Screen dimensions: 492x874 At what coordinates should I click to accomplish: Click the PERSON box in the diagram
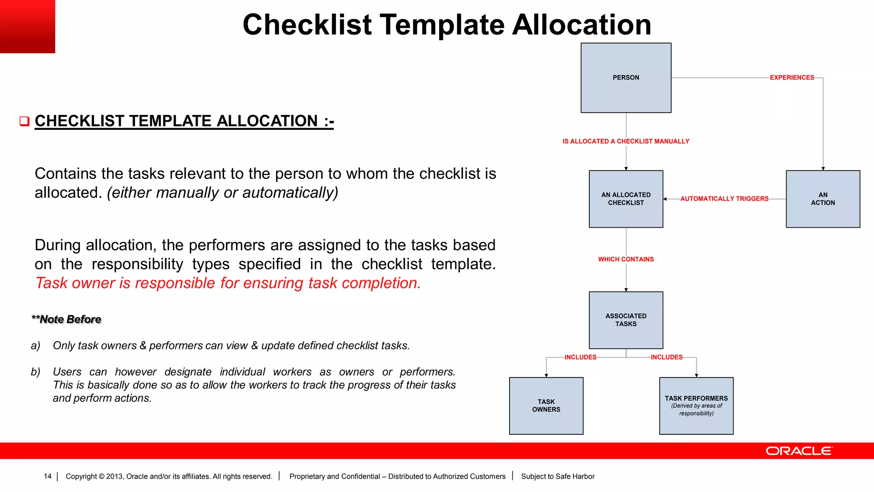[x=626, y=78]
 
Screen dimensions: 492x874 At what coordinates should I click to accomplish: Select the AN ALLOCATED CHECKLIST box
[x=626, y=199]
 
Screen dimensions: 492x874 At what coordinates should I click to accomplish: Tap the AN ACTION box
[x=822, y=199]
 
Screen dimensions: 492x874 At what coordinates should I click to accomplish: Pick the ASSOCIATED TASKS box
[x=626, y=320]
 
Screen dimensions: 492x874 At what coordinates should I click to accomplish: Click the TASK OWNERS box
[x=546, y=406]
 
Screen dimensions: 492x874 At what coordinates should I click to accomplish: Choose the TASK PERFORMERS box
[x=696, y=406]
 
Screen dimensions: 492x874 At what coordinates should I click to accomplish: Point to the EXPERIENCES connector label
[x=792, y=78]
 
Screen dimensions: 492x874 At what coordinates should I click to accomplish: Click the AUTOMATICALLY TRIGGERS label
[x=724, y=199]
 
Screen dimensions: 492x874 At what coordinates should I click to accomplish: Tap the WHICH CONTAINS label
[x=626, y=259]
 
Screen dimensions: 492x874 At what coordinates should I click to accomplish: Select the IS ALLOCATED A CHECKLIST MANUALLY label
[x=626, y=141]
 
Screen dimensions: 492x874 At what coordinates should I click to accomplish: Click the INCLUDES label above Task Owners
[x=580, y=357]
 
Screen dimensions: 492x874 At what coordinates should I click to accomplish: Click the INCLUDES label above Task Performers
[x=666, y=357]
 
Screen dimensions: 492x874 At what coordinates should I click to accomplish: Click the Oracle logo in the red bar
[x=799, y=451]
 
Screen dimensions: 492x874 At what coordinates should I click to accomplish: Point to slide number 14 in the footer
[x=47, y=476]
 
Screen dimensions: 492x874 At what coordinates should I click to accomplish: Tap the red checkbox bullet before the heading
[x=24, y=121]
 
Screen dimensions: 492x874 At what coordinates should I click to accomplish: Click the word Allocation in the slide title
[x=581, y=25]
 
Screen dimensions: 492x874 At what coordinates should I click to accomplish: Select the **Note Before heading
[x=67, y=319]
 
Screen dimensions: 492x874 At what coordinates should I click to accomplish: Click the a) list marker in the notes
[x=35, y=346]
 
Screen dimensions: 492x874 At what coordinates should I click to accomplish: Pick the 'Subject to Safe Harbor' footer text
[x=557, y=476]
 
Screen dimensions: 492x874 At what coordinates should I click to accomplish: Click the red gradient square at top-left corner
[x=27, y=26]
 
